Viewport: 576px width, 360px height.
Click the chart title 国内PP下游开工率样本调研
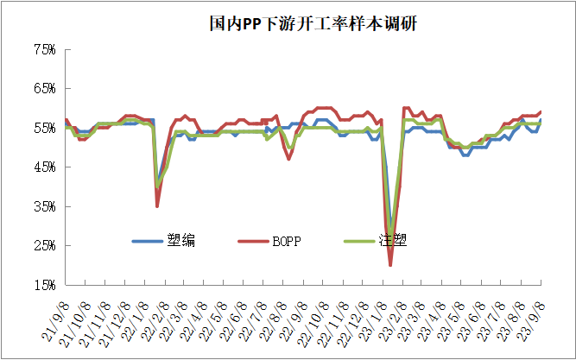tap(313, 24)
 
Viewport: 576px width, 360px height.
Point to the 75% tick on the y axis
tap(44, 50)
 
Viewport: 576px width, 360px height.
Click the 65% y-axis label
tap(44, 89)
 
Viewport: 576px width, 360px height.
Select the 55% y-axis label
tap(44, 128)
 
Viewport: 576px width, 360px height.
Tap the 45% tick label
tap(44, 167)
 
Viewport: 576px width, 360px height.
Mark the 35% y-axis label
tap(44, 206)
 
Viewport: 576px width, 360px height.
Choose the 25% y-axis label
tap(44, 245)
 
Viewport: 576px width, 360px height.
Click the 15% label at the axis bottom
tap(44, 284)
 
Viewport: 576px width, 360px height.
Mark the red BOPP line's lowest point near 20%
tap(390, 264)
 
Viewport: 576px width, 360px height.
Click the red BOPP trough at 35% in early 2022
tap(157, 205)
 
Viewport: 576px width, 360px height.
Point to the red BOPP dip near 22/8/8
tap(289, 159)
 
